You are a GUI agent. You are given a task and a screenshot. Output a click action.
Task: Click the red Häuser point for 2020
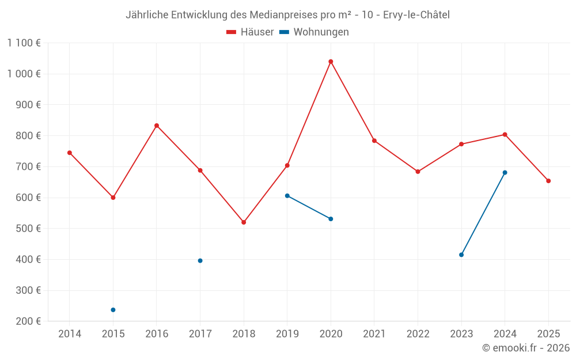(x=331, y=62)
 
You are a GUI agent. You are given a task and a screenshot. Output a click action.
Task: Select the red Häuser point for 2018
(x=244, y=222)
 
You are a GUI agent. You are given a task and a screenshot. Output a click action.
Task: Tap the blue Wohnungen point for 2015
(x=113, y=310)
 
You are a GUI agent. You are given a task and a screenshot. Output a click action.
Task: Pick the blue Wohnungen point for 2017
(x=200, y=261)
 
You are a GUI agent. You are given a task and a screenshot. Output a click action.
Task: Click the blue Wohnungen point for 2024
(x=505, y=173)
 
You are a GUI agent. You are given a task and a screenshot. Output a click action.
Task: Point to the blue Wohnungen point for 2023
(x=461, y=255)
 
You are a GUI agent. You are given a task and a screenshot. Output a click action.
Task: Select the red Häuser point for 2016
(x=157, y=126)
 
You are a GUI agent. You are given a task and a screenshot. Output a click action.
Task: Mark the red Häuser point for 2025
(x=548, y=181)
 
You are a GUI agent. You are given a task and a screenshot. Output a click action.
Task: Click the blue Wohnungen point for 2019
(x=287, y=196)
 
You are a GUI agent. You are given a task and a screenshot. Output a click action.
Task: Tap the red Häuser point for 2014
(x=70, y=153)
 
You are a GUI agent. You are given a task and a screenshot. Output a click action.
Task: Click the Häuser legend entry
(x=250, y=32)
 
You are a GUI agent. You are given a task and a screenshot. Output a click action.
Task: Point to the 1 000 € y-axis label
(x=24, y=74)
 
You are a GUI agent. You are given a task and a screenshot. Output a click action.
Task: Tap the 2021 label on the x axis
(x=374, y=334)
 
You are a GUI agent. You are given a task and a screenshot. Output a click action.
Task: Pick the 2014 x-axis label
(x=70, y=334)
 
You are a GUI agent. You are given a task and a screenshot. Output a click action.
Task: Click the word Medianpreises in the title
(x=267, y=15)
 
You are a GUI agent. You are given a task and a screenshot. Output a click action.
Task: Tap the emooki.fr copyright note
(x=526, y=348)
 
